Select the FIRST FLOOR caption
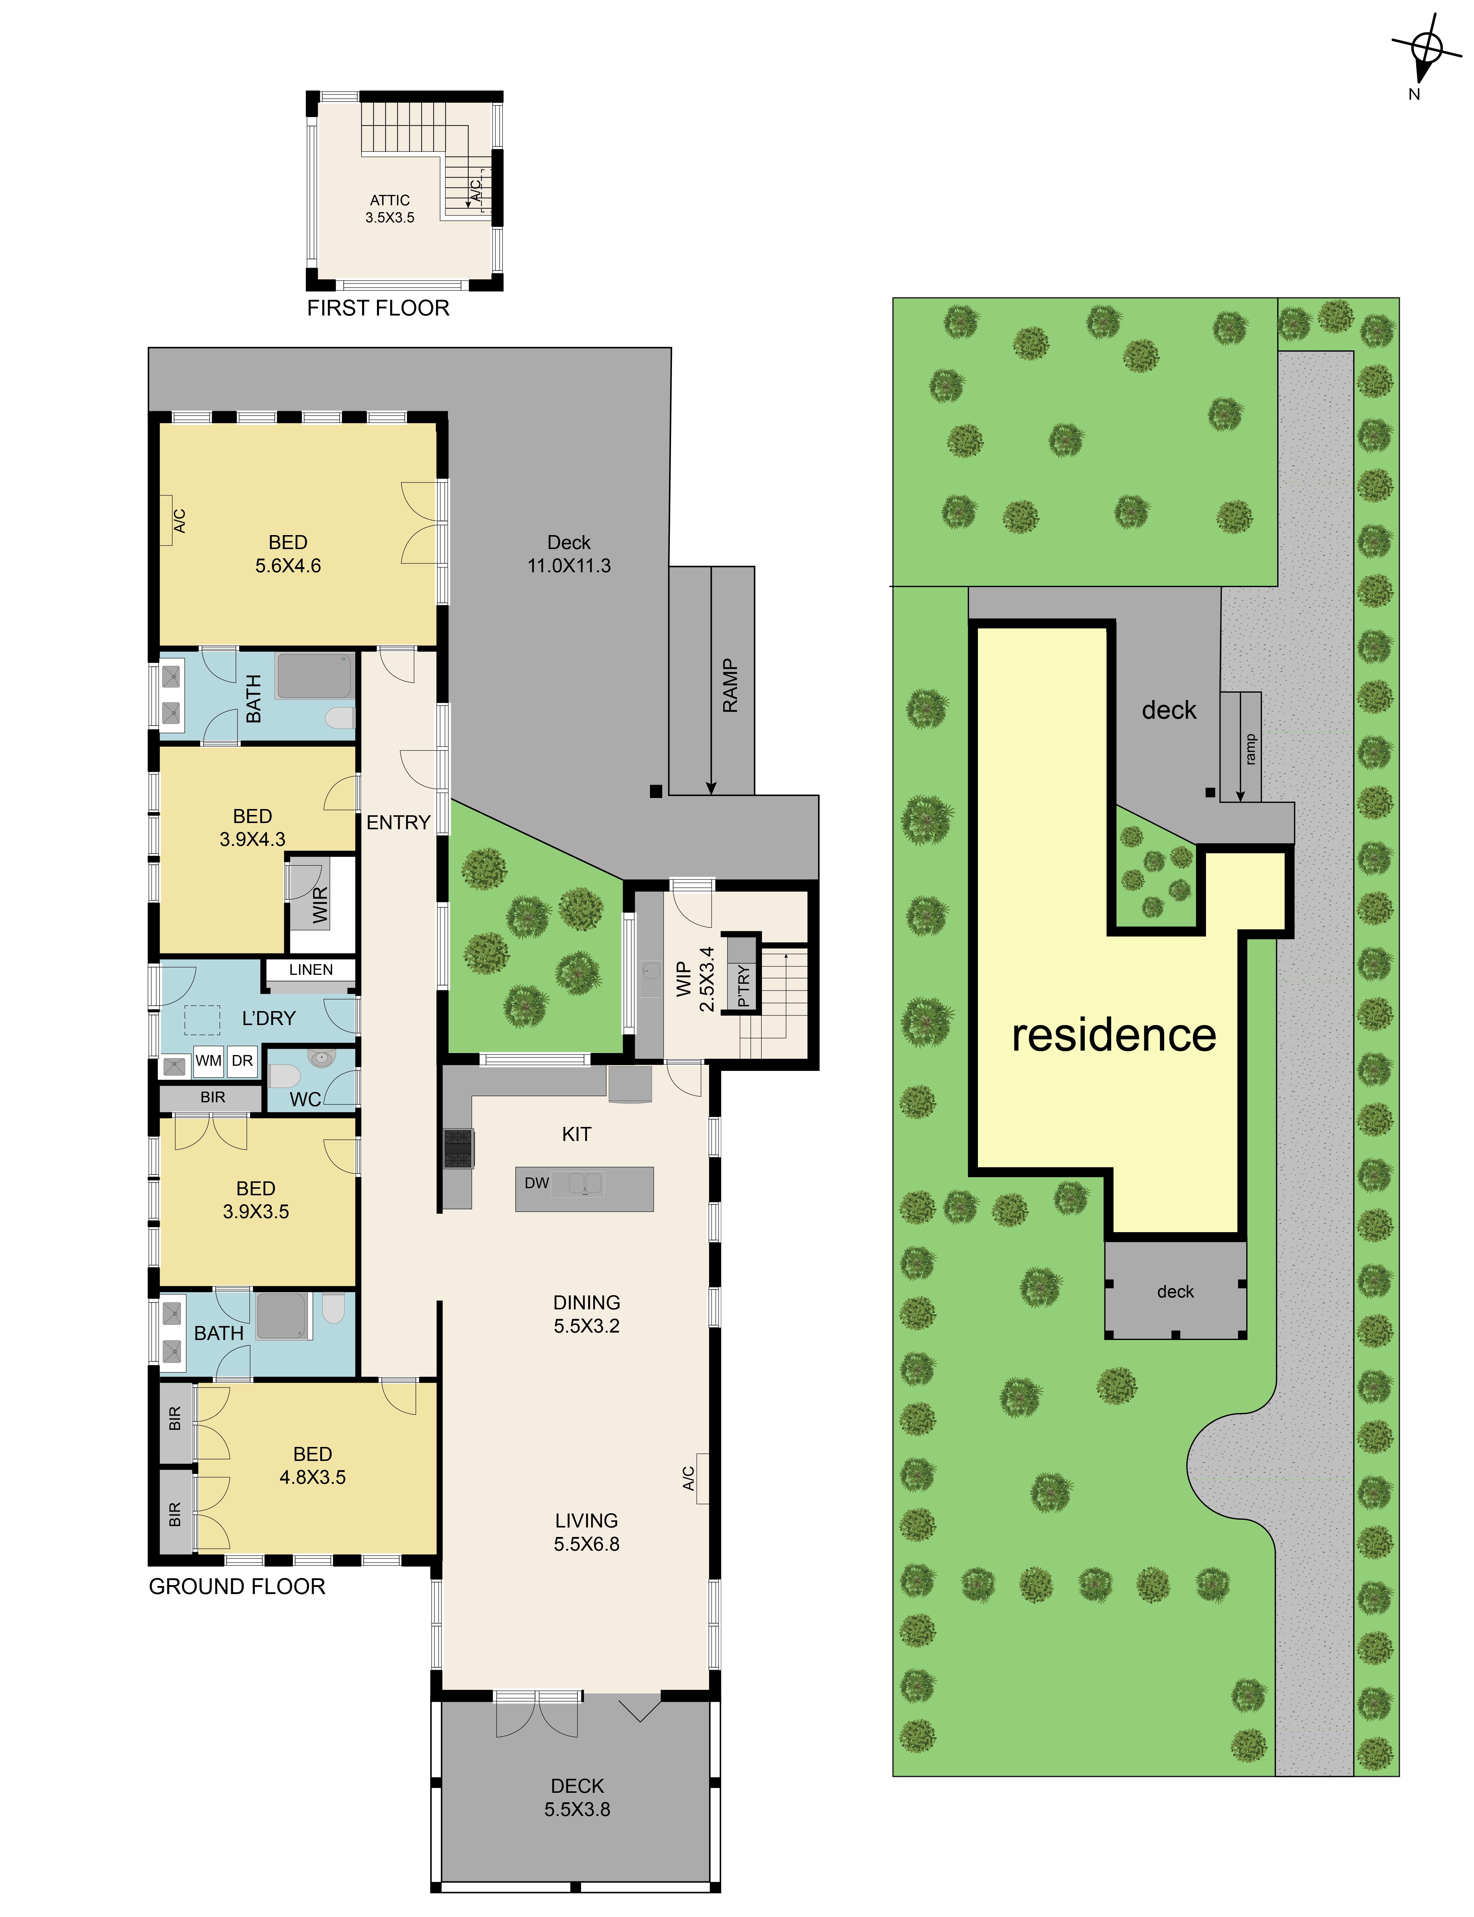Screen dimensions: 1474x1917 (x=378, y=308)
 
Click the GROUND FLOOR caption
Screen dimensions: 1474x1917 (x=237, y=1586)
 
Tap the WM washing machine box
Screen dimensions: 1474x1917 (x=208, y=1061)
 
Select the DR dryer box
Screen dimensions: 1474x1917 (x=242, y=1061)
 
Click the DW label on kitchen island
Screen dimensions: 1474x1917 (x=537, y=1183)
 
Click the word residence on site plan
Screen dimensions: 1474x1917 (x=1114, y=1035)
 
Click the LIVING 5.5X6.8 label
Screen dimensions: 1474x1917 (x=586, y=1532)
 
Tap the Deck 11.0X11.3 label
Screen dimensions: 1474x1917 (x=569, y=554)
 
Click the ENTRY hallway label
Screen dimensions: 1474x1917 (x=398, y=822)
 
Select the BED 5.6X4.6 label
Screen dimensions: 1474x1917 (x=288, y=554)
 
